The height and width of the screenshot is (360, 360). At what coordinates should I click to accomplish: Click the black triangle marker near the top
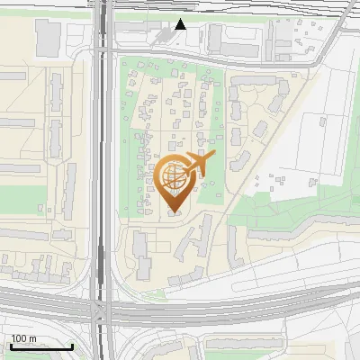pos(181,24)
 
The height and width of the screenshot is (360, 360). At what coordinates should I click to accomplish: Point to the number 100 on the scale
pos(19,338)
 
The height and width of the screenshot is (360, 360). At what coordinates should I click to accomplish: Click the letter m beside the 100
pos(32,338)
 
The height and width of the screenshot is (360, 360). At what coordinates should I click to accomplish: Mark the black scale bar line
pos(41,346)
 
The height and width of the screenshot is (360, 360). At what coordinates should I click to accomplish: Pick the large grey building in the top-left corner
pos(47,37)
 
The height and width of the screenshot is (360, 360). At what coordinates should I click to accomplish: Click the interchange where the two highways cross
pos(102,310)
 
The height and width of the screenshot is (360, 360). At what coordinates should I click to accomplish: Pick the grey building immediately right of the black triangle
pos(214,37)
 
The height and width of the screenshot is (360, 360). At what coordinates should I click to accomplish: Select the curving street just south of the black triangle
pos(180,55)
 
